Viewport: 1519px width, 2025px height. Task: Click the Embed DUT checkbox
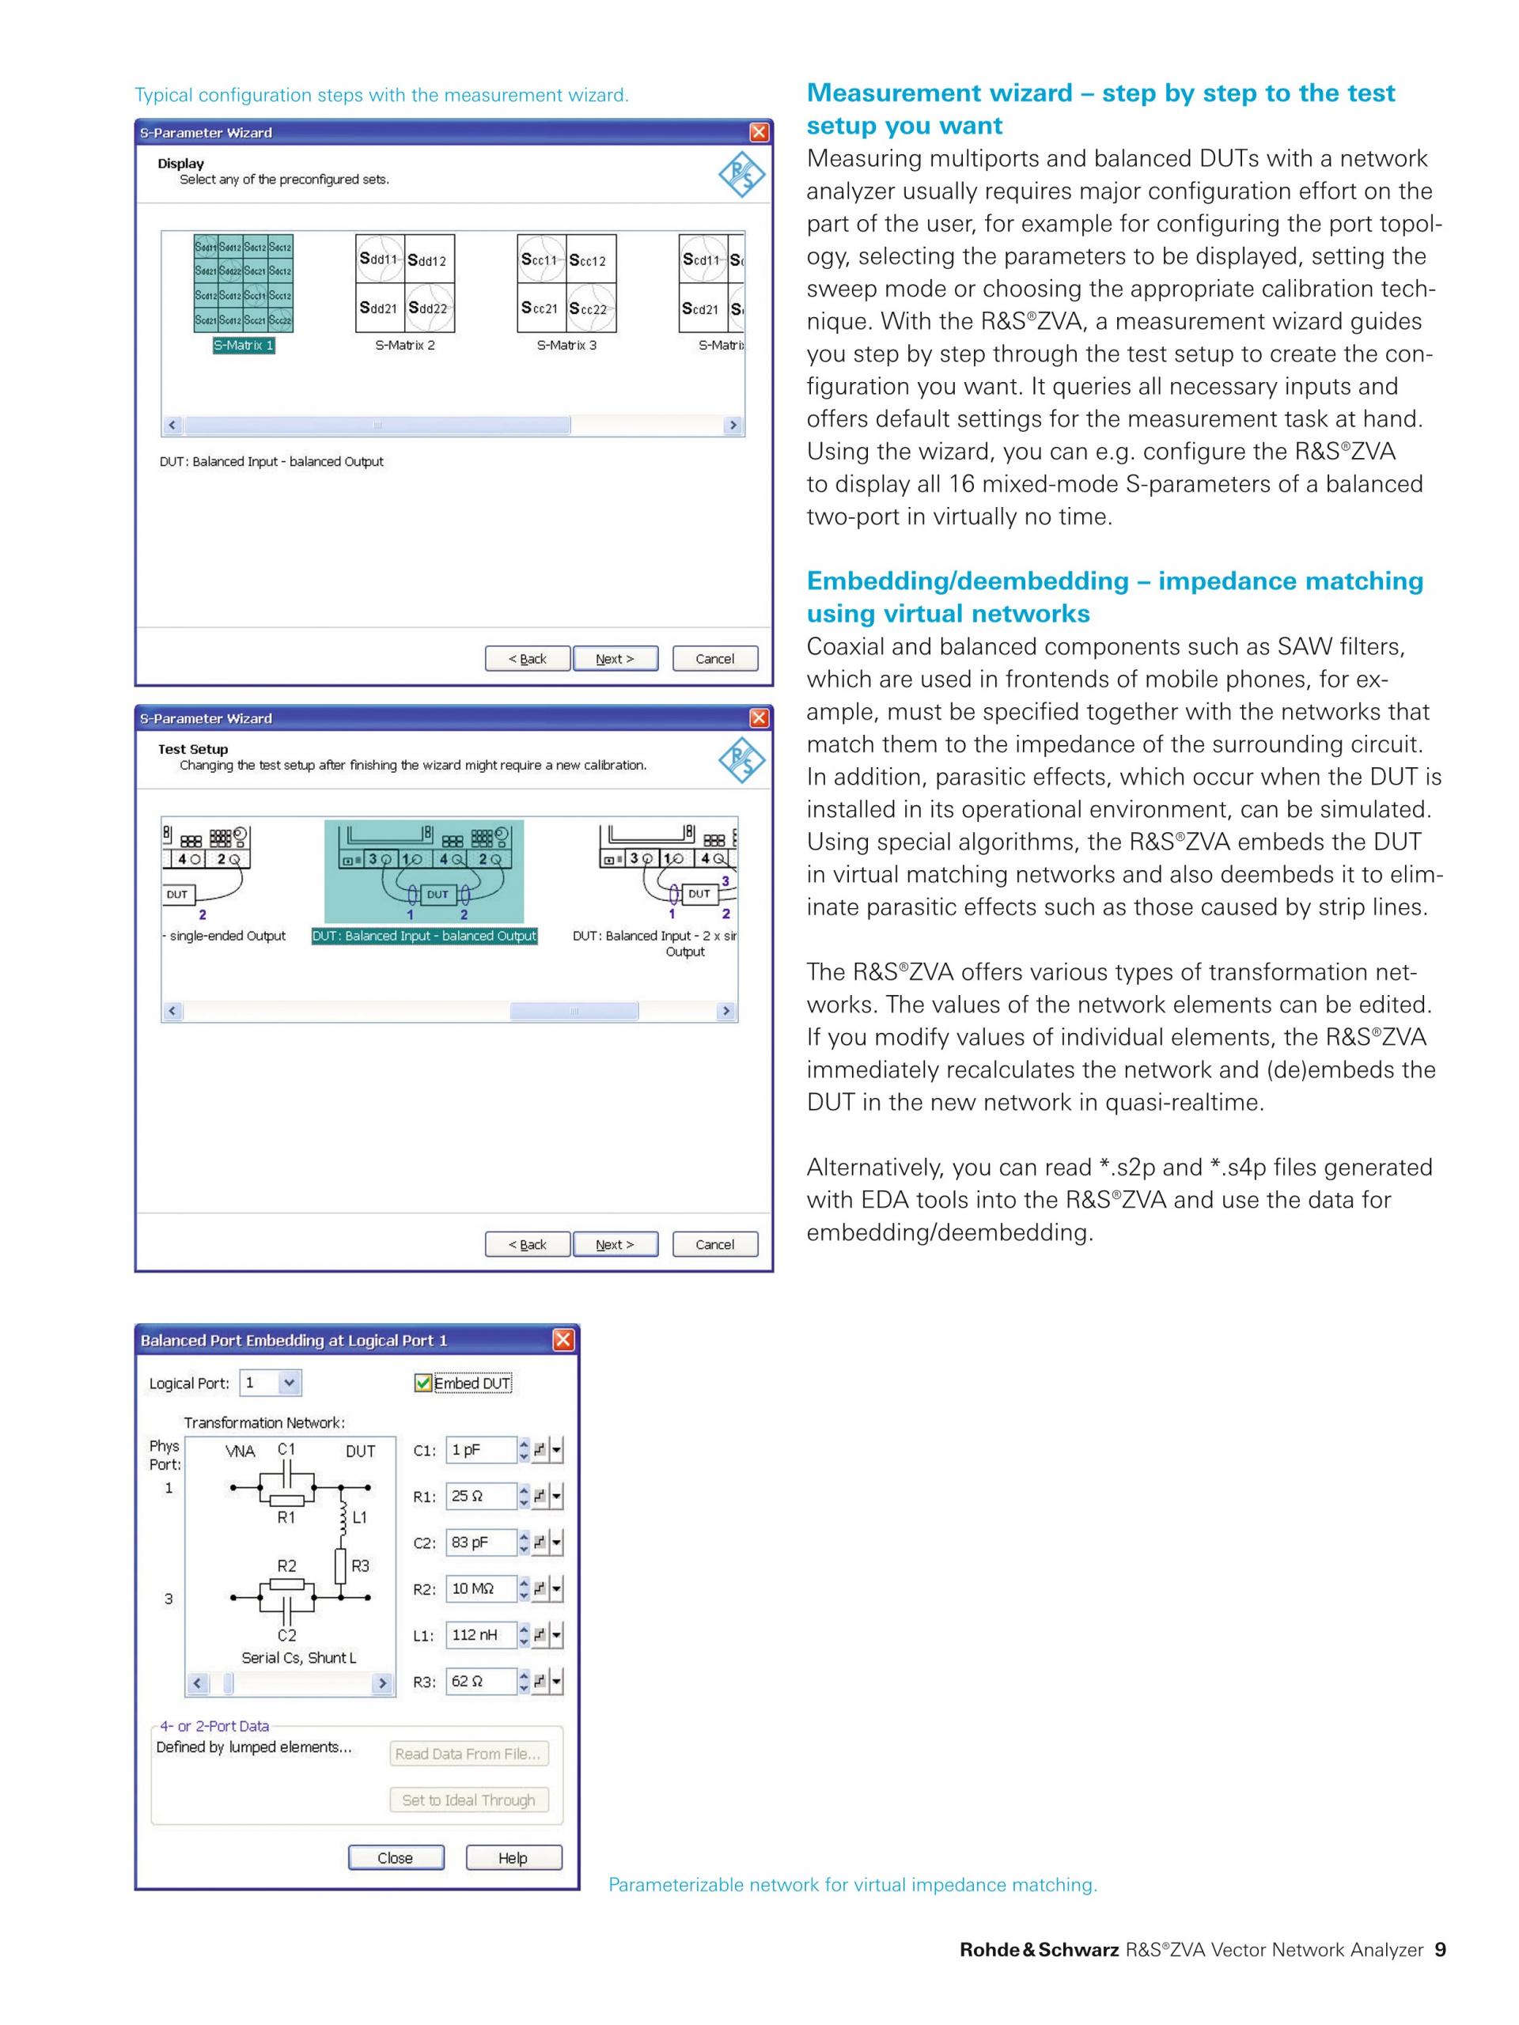pyautogui.click(x=423, y=1383)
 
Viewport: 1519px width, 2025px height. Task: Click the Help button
pyautogui.click(x=513, y=1857)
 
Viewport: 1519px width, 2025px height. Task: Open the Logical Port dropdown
pyautogui.click(x=289, y=1383)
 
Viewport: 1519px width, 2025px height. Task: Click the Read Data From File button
pyautogui.click(x=468, y=1753)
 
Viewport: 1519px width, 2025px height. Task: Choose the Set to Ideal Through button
pyautogui.click(x=468, y=1800)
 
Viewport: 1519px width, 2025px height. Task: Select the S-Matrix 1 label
pyautogui.click(x=244, y=345)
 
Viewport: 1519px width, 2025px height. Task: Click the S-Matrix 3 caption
pyautogui.click(x=566, y=345)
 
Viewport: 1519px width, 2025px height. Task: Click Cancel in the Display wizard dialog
pyautogui.click(x=714, y=658)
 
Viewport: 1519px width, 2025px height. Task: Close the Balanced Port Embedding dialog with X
pyautogui.click(x=563, y=1340)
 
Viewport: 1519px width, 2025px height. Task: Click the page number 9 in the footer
pyautogui.click(x=1440, y=1949)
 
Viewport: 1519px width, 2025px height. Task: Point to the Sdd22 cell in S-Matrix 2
pyautogui.click(x=429, y=308)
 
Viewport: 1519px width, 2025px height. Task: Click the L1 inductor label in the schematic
pyautogui.click(x=360, y=1517)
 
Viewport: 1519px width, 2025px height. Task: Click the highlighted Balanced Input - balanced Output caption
pyautogui.click(x=424, y=936)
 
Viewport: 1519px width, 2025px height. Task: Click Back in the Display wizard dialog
pyautogui.click(x=528, y=658)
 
